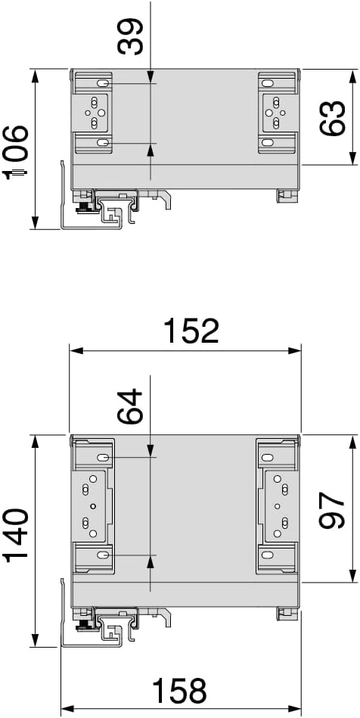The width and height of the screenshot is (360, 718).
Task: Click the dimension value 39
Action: [x=131, y=36]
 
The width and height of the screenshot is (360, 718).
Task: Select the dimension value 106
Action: [x=15, y=151]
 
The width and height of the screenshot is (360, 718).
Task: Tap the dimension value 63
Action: [x=332, y=118]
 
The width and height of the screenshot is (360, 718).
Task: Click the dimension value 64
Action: [x=131, y=406]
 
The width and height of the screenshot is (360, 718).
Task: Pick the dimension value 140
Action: [x=16, y=535]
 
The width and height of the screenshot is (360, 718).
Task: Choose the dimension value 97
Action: [x=332, y=511]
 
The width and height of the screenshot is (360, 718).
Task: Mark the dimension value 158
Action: [x=179, y=691]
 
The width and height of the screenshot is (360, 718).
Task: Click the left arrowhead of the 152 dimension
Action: [x=76, y=351]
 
